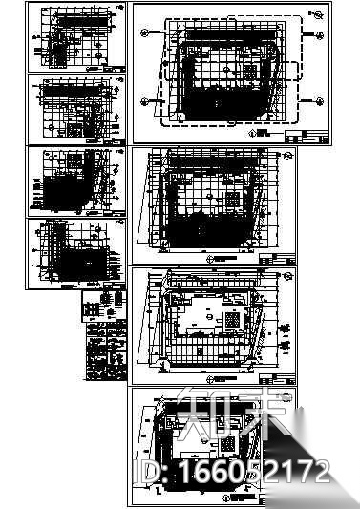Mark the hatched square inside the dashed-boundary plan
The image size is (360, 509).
247,74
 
